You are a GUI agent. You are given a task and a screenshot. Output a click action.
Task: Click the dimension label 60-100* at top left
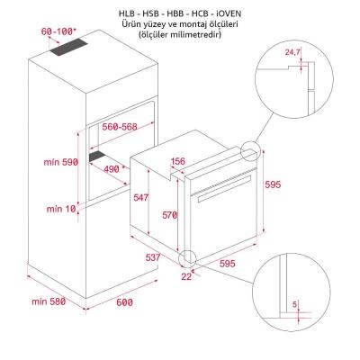58,32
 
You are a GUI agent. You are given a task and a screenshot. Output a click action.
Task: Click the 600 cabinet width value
124,301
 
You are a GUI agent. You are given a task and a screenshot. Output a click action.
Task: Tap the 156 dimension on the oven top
178,162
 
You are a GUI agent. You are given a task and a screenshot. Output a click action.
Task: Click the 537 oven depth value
154,257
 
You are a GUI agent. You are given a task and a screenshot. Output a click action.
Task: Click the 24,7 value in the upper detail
291,53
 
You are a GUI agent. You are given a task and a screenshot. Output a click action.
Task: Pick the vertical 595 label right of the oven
274,184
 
